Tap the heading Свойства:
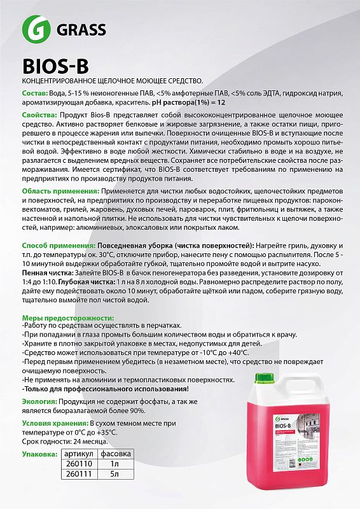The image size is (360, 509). [x=43, y=115]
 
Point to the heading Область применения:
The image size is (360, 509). [x=60, y=192]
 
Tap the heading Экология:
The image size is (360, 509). [x=39, y=402]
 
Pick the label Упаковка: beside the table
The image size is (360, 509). [x=39, y=454]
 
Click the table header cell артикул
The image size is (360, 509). [x=80, y=454]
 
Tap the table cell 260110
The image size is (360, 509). [x=80, y=464]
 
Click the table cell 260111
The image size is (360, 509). [x=80, y=474]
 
